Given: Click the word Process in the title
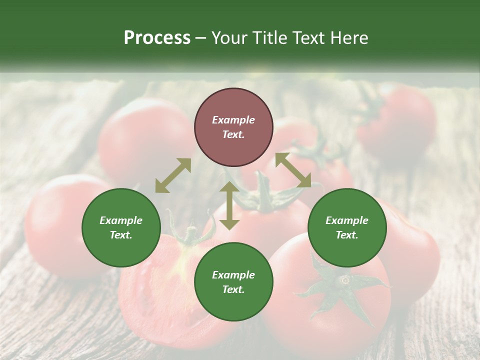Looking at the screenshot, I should (x=157, y=38).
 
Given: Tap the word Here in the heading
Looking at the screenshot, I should (x=349, y=38).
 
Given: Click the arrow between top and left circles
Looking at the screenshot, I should (x=173, y=175).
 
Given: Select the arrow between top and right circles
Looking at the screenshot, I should (x=293, y=170).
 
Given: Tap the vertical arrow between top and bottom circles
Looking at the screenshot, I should (x=229, y=206).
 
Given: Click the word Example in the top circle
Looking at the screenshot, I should (x=233, y=120).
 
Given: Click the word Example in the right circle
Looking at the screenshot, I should (x=347, y=220).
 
